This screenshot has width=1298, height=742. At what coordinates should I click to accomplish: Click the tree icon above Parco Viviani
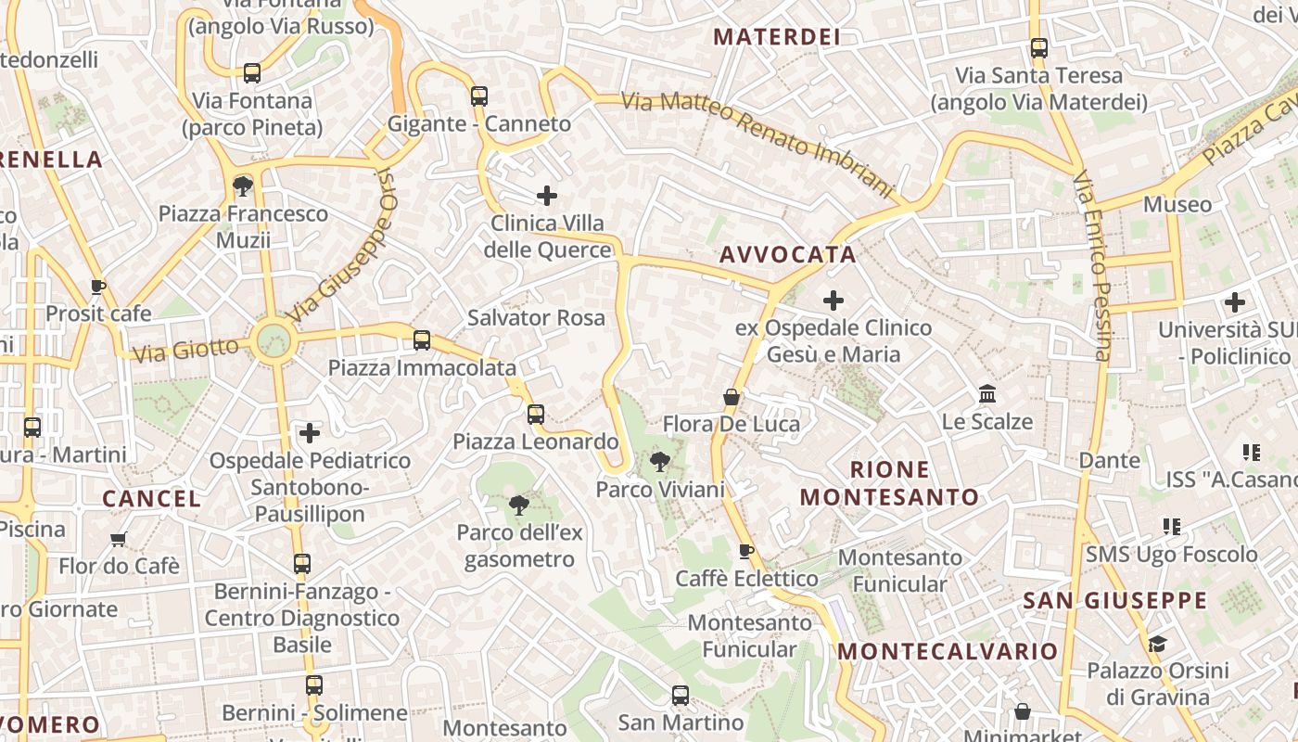point(659,461)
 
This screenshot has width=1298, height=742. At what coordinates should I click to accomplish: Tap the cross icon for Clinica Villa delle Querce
point(547,196)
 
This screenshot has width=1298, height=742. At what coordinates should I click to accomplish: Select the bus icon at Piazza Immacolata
point(422,340)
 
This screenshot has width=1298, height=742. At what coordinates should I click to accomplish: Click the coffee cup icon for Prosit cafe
point(98,287)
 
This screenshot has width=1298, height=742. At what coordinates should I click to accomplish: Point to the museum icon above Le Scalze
point(986,394)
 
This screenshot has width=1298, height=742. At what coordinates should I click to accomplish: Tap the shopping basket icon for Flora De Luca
point(732,397)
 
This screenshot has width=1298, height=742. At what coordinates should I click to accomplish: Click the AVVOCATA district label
point(787,254)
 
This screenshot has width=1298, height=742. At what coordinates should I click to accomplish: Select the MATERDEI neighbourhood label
point(777,37)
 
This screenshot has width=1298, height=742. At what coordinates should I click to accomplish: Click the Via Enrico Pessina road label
point(1093,265)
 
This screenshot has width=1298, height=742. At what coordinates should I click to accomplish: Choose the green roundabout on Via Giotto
point(274,340)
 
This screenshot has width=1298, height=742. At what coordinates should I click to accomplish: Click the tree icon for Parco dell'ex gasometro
point(518,505)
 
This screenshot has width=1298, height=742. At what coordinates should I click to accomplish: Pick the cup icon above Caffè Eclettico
point(745,552)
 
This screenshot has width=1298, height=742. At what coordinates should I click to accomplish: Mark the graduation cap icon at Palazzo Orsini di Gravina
point(1156,644)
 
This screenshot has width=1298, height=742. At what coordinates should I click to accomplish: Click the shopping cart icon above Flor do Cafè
point(118,539)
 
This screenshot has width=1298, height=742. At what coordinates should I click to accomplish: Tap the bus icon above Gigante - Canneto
point(478,96)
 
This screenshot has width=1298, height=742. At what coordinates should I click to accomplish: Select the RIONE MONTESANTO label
point(889,483)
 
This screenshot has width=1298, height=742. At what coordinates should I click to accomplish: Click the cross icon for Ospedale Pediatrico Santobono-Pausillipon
point(310,432)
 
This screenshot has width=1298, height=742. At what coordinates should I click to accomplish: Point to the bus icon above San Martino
point(680,695)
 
